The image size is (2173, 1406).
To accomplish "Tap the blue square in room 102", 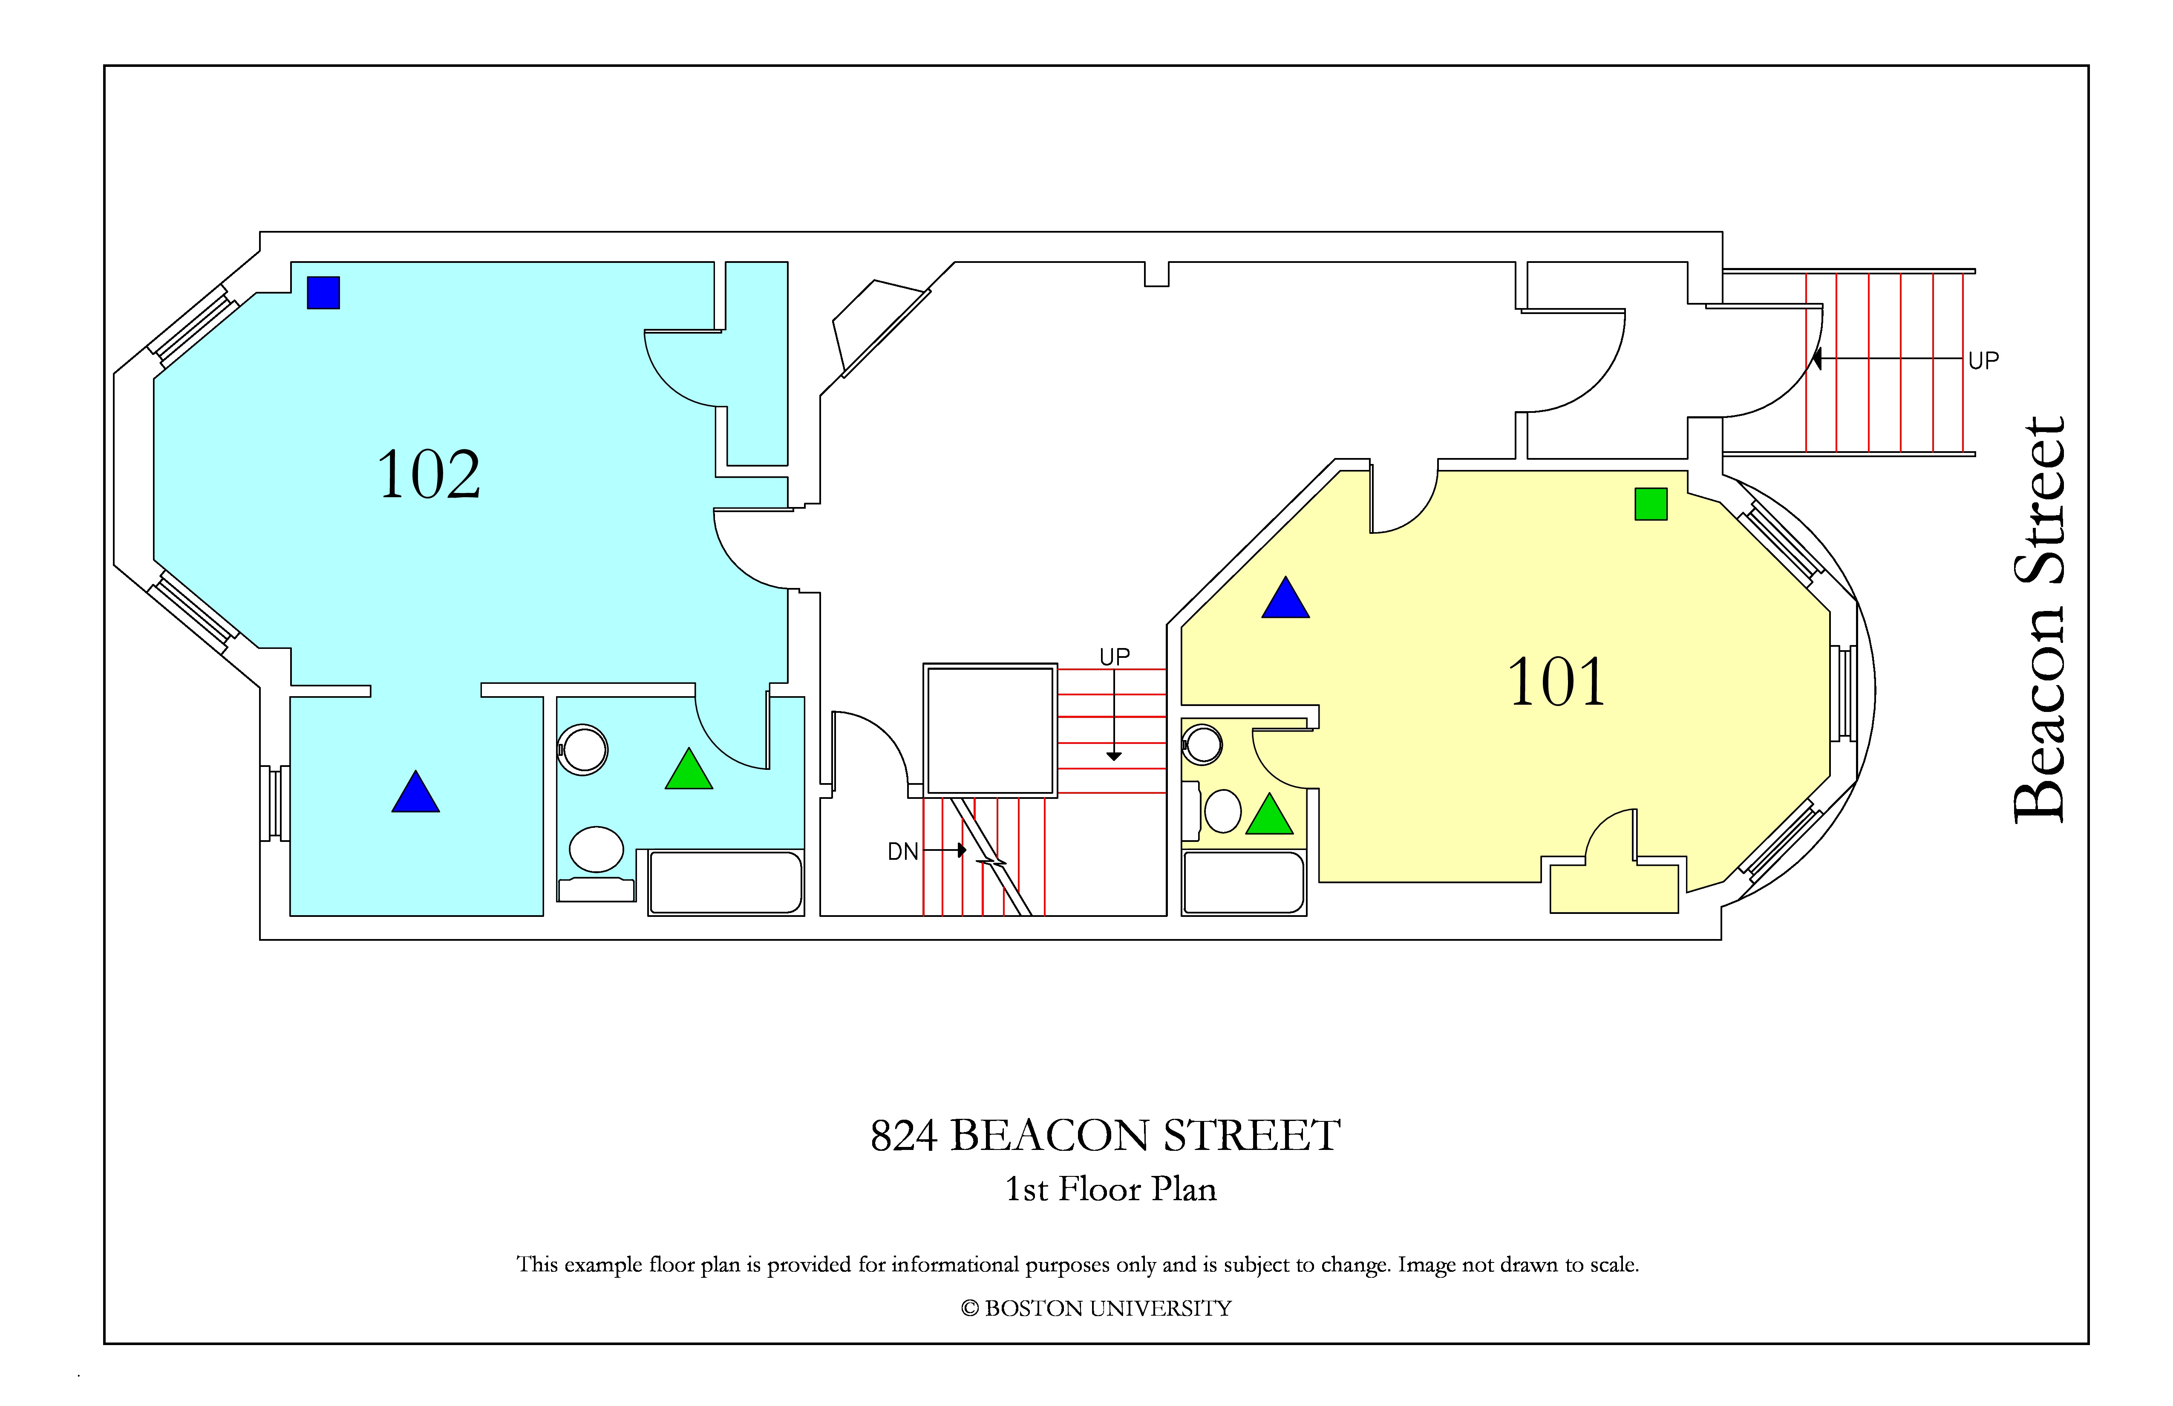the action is [323, 293].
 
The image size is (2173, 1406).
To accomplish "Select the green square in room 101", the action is [1651, 504].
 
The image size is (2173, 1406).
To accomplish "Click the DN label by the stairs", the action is [903, 852].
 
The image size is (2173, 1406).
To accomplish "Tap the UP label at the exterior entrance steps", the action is [1983, 360].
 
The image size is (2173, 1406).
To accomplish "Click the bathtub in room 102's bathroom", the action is [726, 882].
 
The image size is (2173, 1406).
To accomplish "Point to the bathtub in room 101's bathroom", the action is [1244, 882].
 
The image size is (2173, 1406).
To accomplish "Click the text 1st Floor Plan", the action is [1110, 1189].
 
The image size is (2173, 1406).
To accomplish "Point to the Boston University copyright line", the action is [1095, 1308].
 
